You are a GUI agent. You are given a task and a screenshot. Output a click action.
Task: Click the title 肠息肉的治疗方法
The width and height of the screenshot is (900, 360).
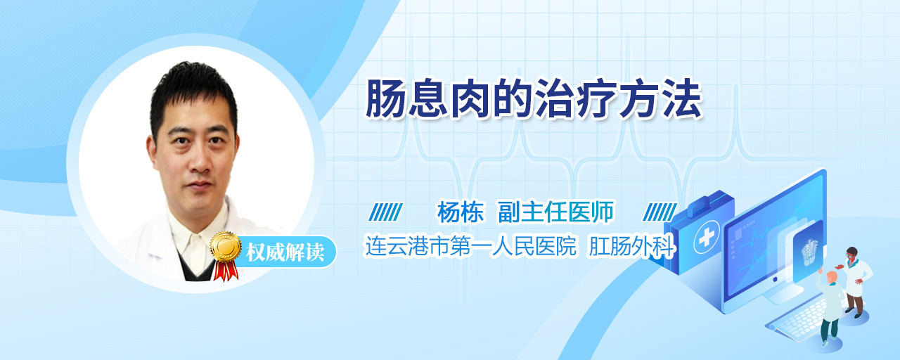click(534, 98)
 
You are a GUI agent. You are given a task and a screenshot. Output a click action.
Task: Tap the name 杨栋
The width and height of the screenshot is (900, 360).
click(461, 212)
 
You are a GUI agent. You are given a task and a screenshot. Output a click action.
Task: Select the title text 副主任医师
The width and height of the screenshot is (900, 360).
click(555, 212)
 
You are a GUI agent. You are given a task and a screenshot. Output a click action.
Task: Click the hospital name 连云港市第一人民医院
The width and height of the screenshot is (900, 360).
click(470, 246)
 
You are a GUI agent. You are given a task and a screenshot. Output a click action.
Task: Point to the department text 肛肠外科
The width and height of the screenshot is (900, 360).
click(631, 246)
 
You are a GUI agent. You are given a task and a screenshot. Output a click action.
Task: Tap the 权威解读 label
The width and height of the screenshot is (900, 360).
click(285, 252)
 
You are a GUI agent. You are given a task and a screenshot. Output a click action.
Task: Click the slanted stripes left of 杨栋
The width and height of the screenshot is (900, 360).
click(386, 212)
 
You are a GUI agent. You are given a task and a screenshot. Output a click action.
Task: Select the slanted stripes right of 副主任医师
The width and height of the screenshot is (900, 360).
click(660, 212)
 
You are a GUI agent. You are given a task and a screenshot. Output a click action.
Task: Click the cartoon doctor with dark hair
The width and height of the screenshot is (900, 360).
click(854, 282)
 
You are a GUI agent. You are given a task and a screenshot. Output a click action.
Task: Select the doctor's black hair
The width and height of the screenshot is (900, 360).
click(193, 94)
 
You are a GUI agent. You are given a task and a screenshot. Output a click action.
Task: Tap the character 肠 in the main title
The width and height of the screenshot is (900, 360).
click(385, 98)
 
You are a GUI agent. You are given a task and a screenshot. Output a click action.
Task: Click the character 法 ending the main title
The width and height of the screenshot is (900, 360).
click(683, 98)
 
